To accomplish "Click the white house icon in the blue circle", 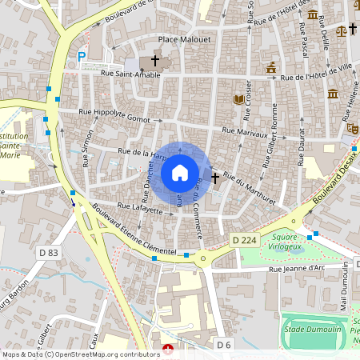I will click(180, 172).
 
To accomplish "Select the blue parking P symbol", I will click(82, 57).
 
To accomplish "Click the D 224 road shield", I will click(244, 240).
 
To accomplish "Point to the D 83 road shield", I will click(48, 253).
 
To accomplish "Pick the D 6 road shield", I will click(224, 343).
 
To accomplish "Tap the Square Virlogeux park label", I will click(286, 242).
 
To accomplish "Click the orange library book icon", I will click(238, 99).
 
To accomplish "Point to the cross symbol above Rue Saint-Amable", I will click(155, 61).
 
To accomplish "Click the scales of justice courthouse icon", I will click(342, 30).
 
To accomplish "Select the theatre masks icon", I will click(350, 128).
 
